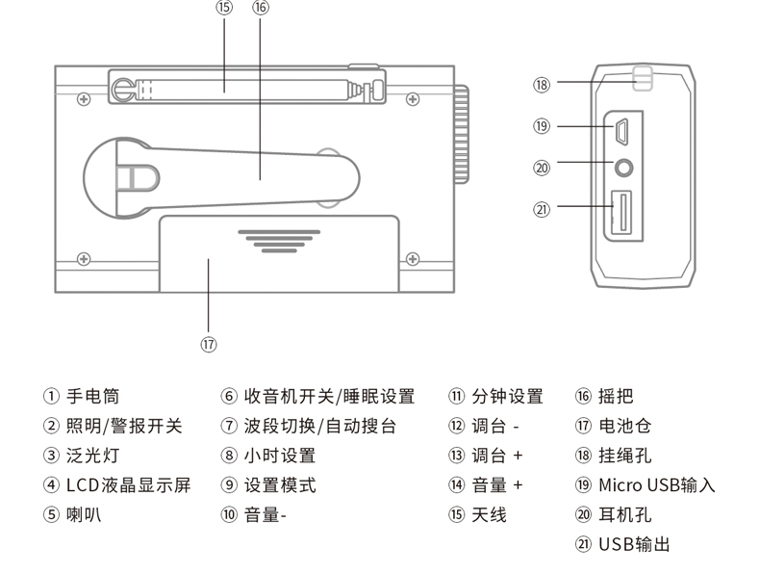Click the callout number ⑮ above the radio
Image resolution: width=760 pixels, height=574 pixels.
click(x=224, y=8)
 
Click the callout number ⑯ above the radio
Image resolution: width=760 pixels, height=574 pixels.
click(x=261, y=8)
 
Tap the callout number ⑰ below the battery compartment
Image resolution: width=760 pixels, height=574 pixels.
click(x=209, y=344)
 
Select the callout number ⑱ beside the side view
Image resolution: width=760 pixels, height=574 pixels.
click(x=542, y=84)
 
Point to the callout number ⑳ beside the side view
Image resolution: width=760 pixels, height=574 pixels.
click(x=542, y=168)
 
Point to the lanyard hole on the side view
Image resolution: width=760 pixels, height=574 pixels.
click(x=643, y=79)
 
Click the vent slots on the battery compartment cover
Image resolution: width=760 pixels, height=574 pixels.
click(x=279, y=239)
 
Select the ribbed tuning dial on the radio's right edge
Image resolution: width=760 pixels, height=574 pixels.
click(x=462, y=135)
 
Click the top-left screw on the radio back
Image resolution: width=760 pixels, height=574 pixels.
click(x=85, y=99)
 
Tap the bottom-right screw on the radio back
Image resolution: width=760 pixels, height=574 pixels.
click(x=413, y=258)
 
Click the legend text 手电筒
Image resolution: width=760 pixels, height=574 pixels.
click(x=92, y=396)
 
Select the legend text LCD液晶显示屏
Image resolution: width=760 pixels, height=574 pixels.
click(x=128, y=484)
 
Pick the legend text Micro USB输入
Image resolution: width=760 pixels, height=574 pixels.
click(x=657, y=484)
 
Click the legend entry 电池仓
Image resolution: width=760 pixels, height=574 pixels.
click(x=624, y=426)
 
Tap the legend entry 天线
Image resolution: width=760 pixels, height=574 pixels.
click(x=489, y=514)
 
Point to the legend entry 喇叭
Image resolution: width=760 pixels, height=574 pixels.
click(x=84, y=514)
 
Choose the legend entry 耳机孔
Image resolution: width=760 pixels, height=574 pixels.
click(x=624, y=514)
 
